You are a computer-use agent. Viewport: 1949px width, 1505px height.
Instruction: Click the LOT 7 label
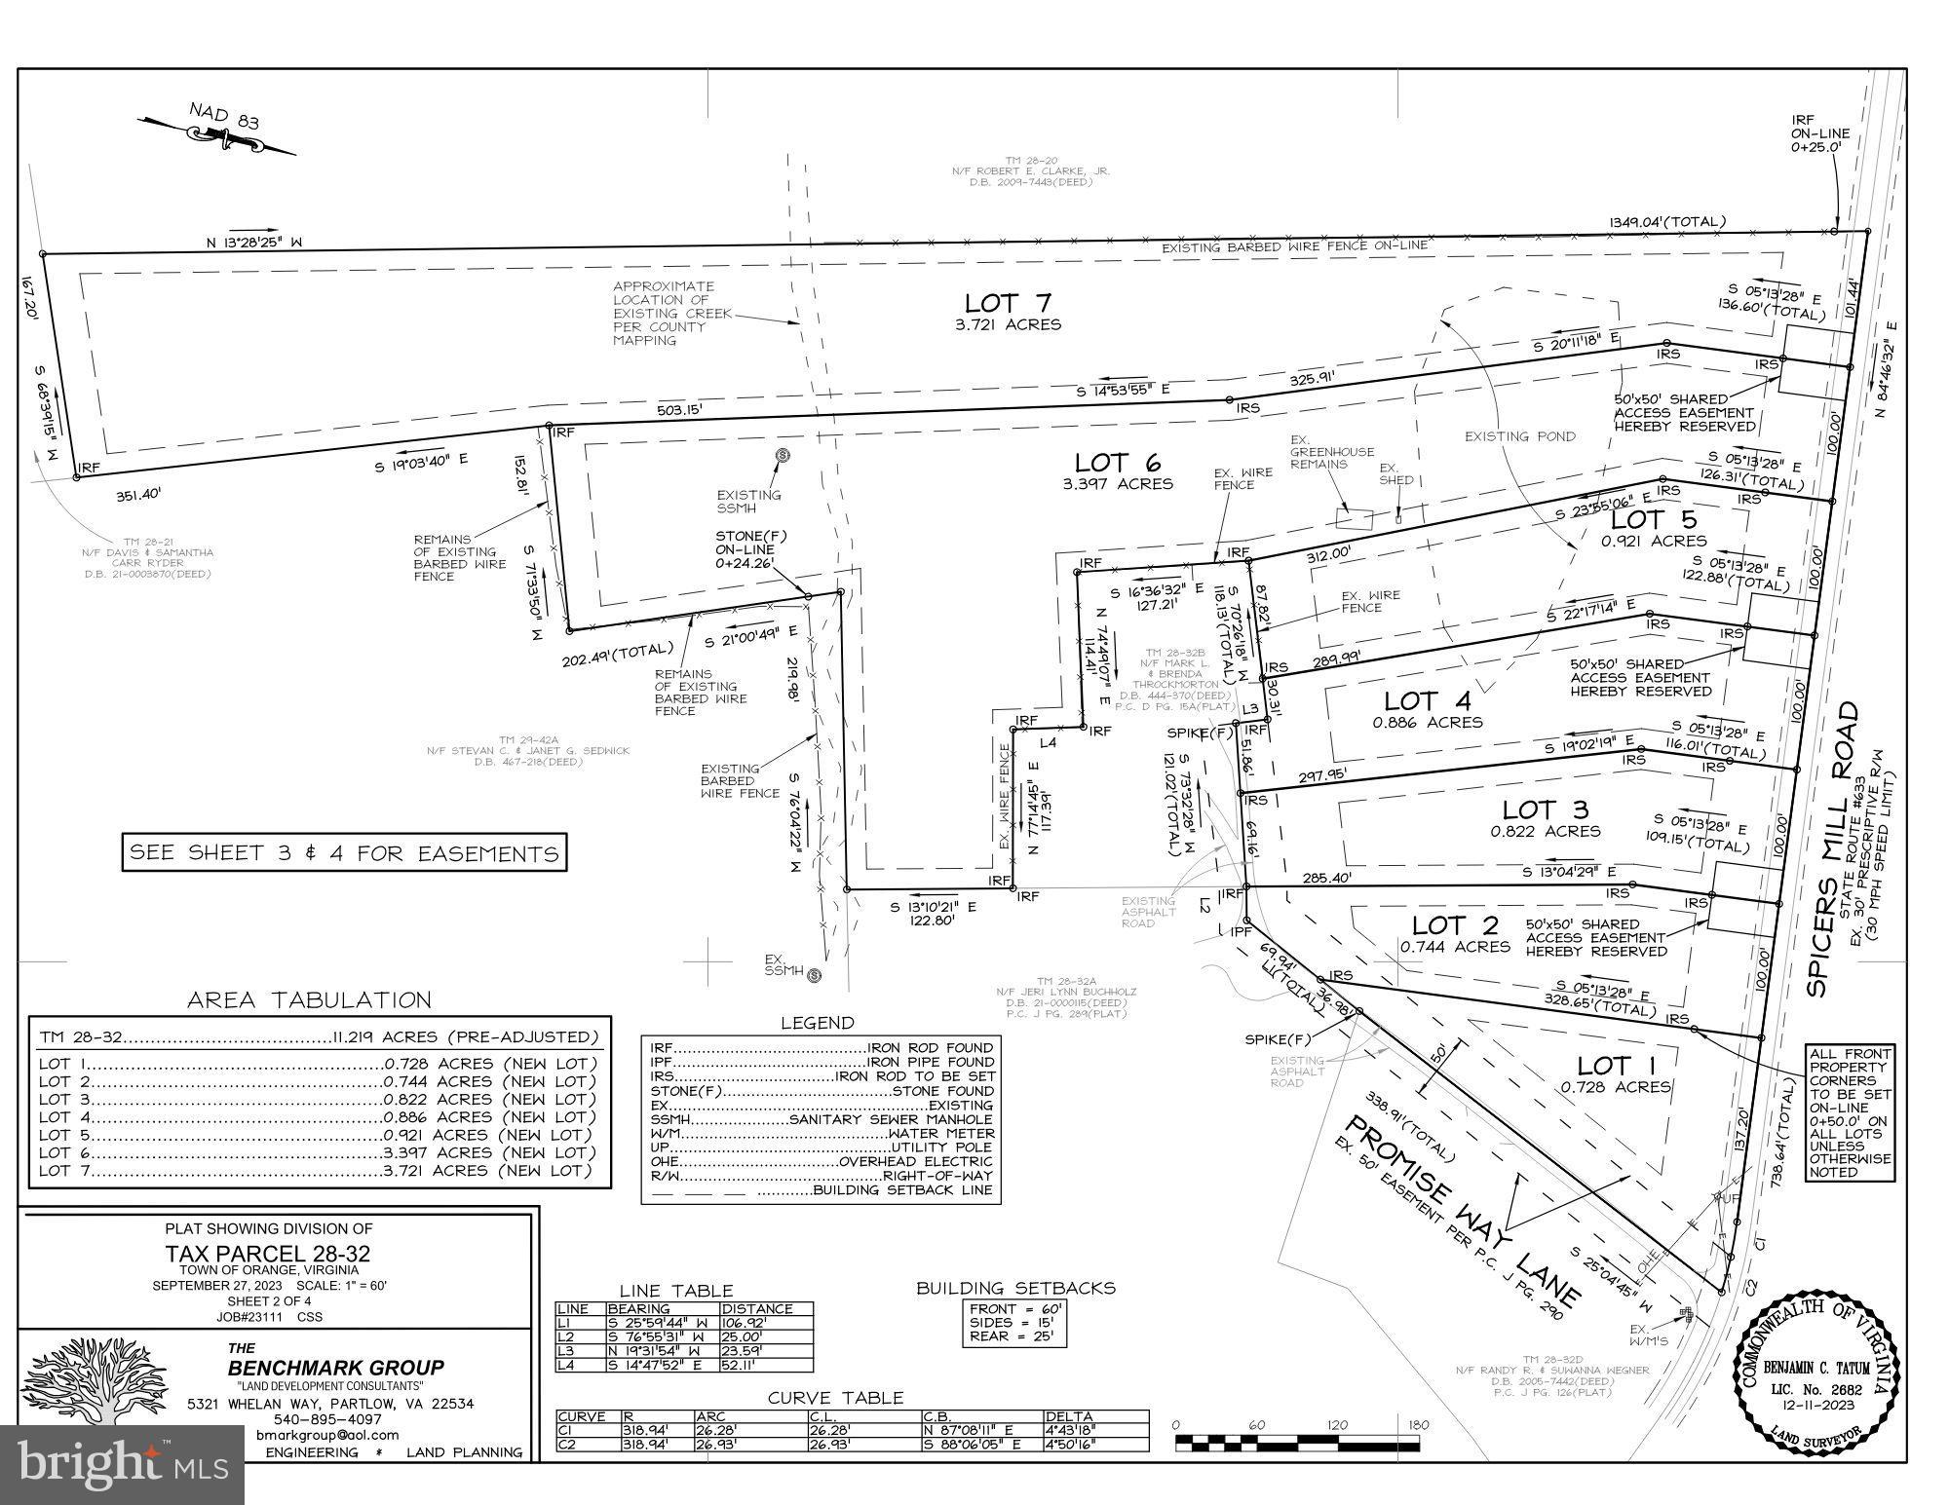pos(1008,303)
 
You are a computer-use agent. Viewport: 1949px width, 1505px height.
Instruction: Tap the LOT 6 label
pos(1119,464)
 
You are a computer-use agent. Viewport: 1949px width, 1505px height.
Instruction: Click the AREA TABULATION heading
pos(309,999)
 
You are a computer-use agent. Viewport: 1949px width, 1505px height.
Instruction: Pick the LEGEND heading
pos(817,1023)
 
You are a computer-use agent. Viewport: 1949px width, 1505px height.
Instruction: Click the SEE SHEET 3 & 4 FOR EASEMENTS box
pos(344,853)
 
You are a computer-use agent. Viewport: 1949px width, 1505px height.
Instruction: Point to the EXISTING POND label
pos(1519,436)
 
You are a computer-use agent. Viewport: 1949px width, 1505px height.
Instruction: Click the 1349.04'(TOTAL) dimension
pos(1667,222)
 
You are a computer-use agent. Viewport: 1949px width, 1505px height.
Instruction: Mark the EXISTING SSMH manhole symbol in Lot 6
pos(782,456)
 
